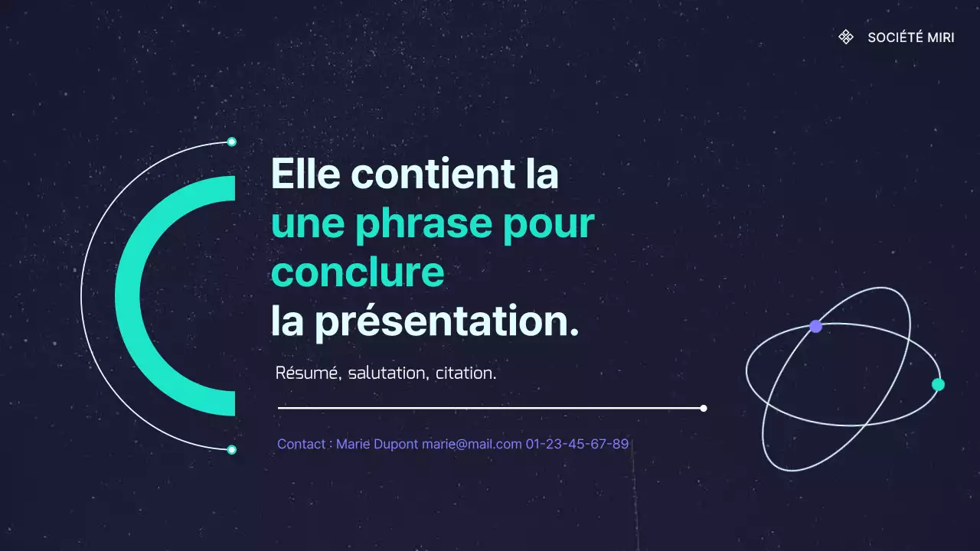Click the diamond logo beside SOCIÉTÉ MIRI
click(846, 37)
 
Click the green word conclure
click(358, 272)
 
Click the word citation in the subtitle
click(465, 373)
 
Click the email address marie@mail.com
click(472, 444)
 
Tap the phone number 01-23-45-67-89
click(577, 444)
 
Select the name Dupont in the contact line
click(396, 444)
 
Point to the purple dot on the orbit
click(815, 326)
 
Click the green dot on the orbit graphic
click(938, 384)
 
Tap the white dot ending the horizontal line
click(704, 408)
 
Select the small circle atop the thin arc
click(232, 142)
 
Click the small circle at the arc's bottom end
click(232, 450)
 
